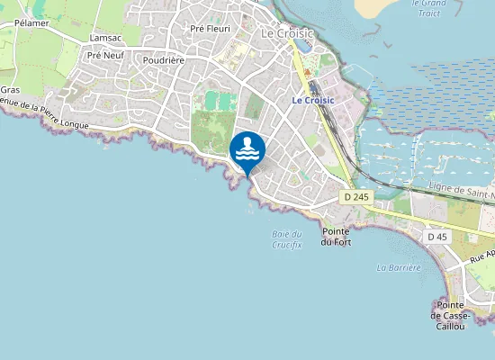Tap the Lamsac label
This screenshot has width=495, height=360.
[105, 39]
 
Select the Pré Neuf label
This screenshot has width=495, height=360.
[105, 55]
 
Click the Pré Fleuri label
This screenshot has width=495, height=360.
[211, 29]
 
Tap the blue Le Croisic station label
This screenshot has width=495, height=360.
[313, 100]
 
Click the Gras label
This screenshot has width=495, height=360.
[10, 90]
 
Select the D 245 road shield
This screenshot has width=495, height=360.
[356, 196]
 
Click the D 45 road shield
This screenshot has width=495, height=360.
[436, 237]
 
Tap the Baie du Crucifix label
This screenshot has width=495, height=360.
[286, 239]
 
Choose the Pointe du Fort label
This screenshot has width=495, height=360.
[336, 236]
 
